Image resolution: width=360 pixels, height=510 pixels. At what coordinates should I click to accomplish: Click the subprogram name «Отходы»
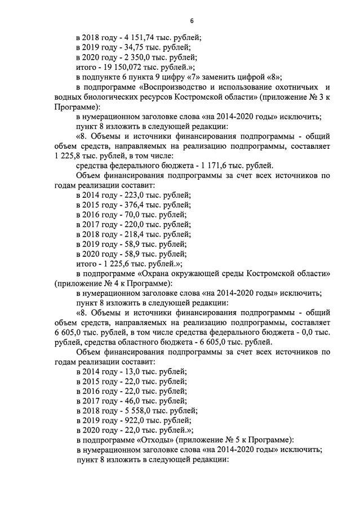tap(154, 440)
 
